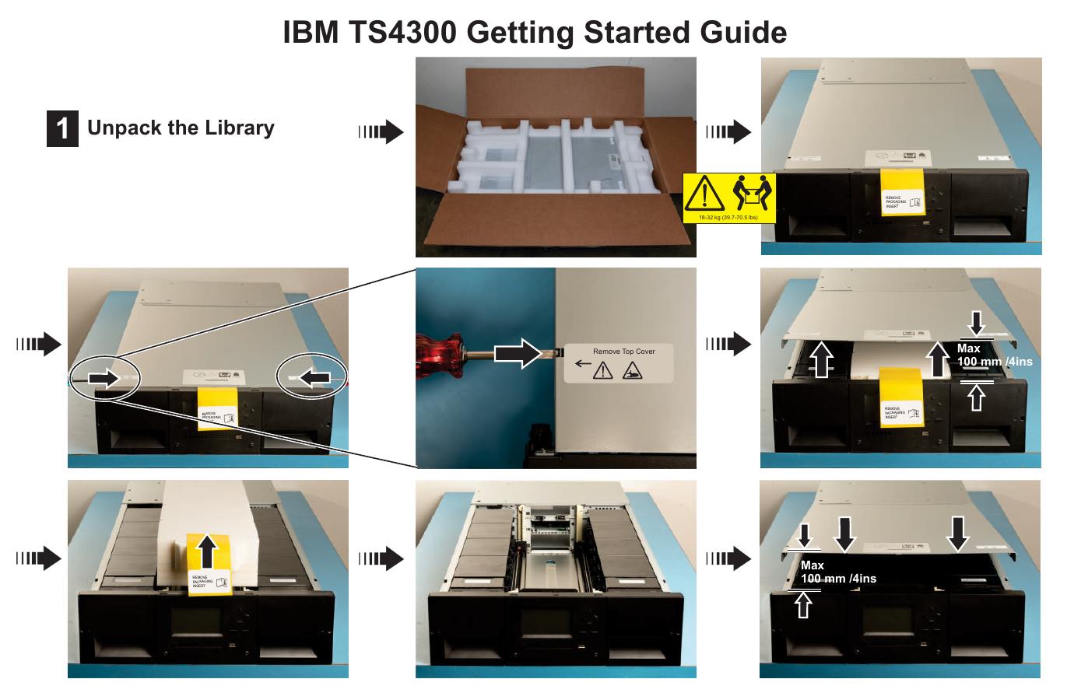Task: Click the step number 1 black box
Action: [x=62, y=128]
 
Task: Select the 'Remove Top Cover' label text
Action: [x=623, y=352]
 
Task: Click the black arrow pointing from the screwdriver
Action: [x=521, y=355]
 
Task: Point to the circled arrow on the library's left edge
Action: [x=104, y=378]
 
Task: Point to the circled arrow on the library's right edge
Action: [x=313, y=378]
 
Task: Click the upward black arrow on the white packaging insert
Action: [x=206, y=551]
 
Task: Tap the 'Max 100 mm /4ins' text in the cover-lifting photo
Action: [x=993, y=355]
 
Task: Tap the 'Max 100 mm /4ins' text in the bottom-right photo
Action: [x=837, y=572]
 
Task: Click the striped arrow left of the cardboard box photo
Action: [x=381, y=132]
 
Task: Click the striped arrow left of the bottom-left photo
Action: [x=37, y=558]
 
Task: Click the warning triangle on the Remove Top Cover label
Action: [x=602, y=373]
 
